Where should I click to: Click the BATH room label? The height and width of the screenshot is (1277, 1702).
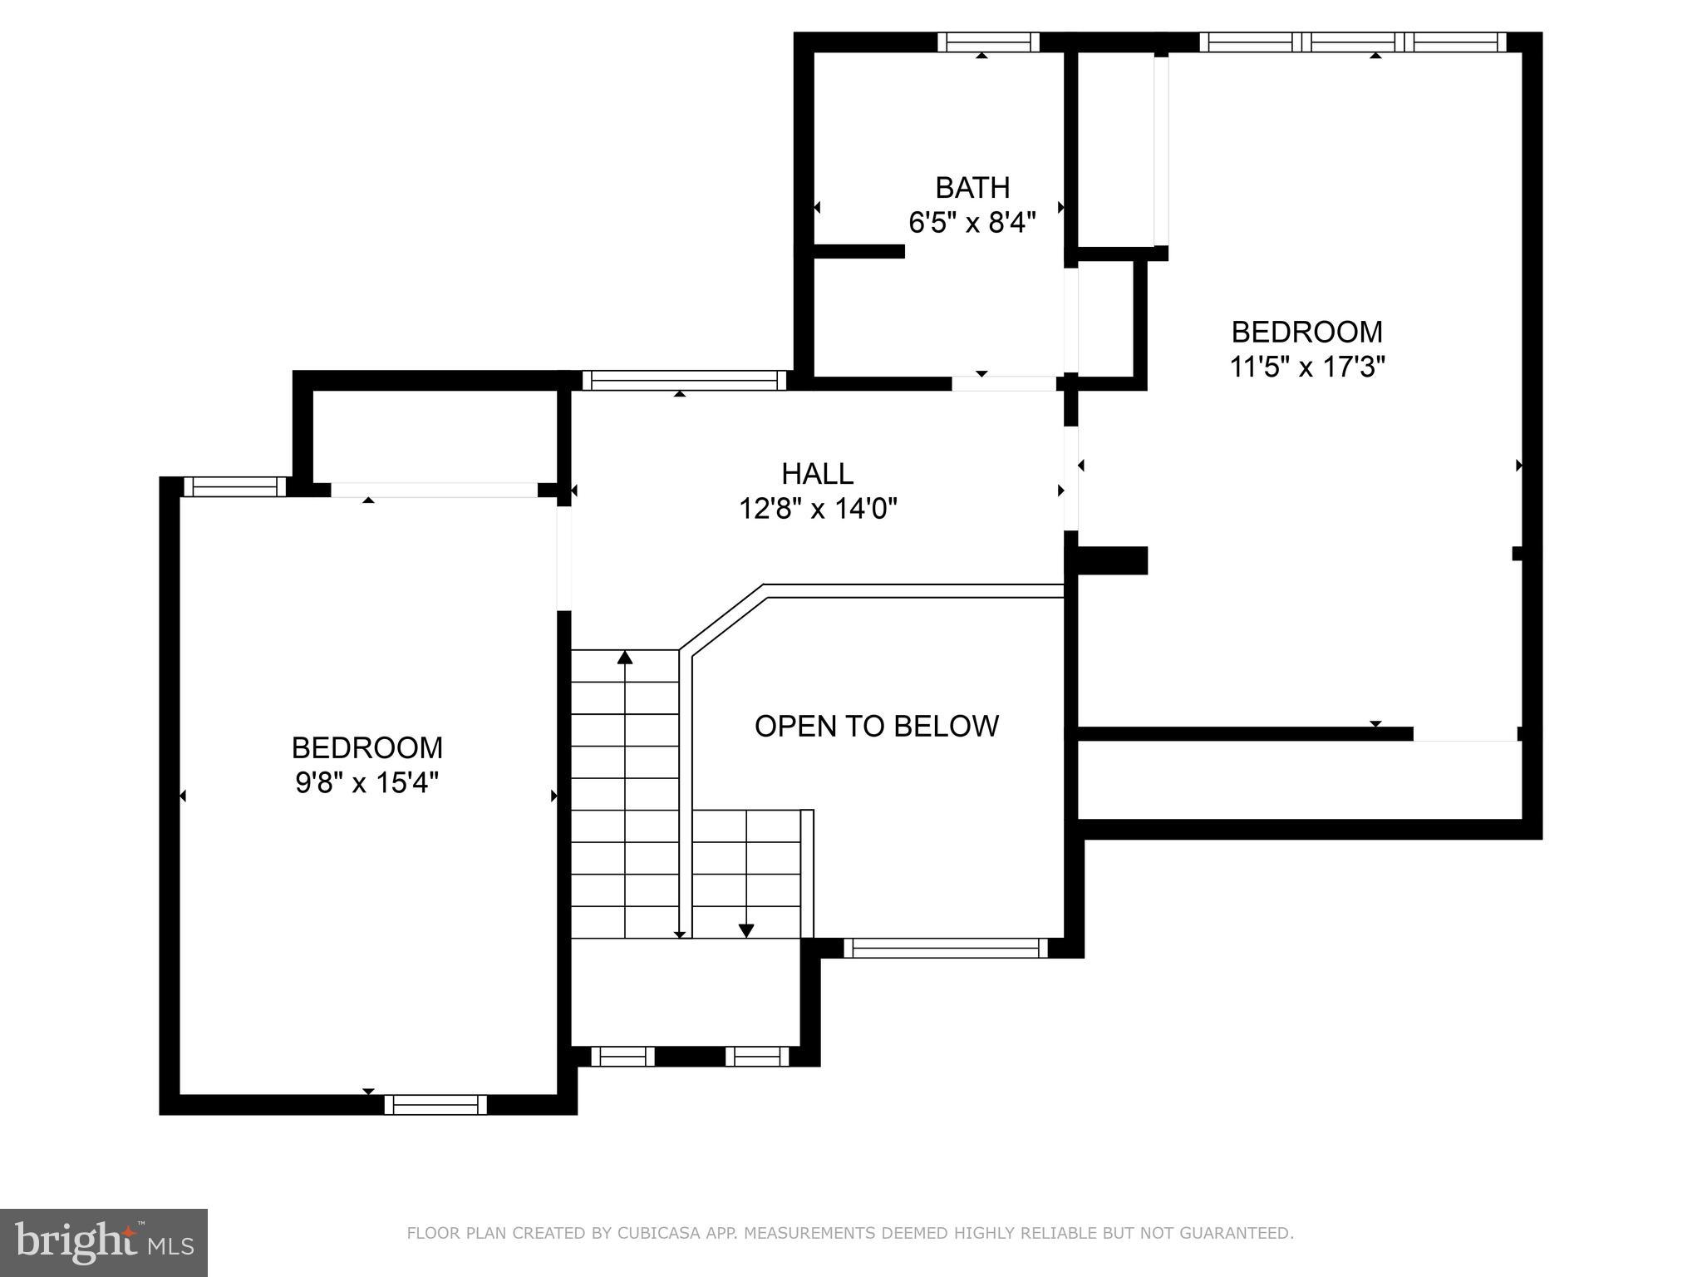pyautogui.click(x=972, y=188)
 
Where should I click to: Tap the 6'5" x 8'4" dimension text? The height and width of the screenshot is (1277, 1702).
pyautogui.click(x=972, y=223)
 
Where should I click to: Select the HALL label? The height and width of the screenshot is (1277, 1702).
pyautogui.click(x=817, y=474)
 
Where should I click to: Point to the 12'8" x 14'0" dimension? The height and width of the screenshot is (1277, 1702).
pyautogui.click(x=818, y=508)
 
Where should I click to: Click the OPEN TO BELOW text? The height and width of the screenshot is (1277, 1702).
pyautogui.click(x=876, y=726)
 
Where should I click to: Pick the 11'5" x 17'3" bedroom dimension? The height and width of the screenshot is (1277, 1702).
pyautogui.click(x=1306, y=367)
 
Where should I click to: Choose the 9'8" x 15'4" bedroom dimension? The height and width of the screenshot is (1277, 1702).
pyautogui.click(x=366, y=782)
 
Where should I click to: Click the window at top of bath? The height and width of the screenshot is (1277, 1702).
pyautogui.click(x=988, y=42)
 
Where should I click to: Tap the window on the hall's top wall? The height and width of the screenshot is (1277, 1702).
pyautogui.click(x=683, y=381)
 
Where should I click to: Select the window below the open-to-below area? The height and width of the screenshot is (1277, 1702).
pyautogui.click(x=946, y=948)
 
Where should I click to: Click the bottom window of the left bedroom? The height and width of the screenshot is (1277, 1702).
pyautogui.click(x=435, y=1104)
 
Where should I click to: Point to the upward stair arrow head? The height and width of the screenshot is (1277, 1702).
pyautogui.click(x=625, y=658)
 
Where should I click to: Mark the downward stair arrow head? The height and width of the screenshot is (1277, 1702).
pyautogui.click(x=746, y=931)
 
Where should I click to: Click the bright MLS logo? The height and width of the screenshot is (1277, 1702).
pyautogui.click(x=104, y=1242)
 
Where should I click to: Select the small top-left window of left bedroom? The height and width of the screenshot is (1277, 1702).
pyautogui.click(x=234, y=487)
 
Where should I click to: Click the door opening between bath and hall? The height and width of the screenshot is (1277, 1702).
pyautogui.click(x=1003, y=383)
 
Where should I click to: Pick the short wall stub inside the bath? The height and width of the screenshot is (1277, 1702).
pyautogui.click(x=858, y=251)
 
